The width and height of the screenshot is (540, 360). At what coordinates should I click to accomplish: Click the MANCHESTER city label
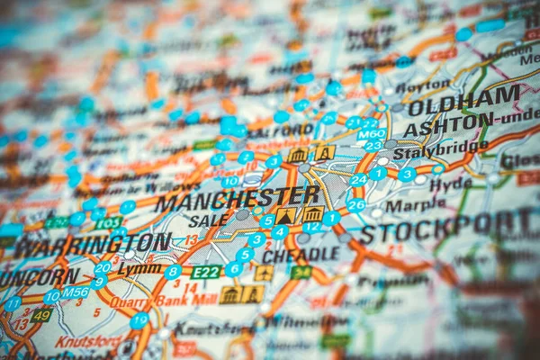tap(238, 198)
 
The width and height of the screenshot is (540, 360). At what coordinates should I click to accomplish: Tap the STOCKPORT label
tap(446, 227)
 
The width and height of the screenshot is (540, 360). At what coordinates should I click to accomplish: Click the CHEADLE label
tap(301, 255)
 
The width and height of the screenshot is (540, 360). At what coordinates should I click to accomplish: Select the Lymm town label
tap(139, 268)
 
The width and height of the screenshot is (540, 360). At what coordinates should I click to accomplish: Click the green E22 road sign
tap(206, 272)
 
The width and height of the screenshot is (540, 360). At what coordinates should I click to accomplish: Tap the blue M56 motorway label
tap(75, 292)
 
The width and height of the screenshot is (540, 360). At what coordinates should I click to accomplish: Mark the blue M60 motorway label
tap(371, 134)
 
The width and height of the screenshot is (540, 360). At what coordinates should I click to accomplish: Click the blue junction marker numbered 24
tap(358, 179)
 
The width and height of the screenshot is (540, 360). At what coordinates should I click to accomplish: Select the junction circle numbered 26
tap(355, 205)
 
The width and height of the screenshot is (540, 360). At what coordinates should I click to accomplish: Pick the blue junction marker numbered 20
tap(103, 267)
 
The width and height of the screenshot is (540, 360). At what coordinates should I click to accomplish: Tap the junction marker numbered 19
tap(139, 320)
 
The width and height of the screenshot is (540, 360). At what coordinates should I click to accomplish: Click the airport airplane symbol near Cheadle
tap(264, 272)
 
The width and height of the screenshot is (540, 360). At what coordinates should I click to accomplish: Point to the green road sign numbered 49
tap(40, 315)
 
